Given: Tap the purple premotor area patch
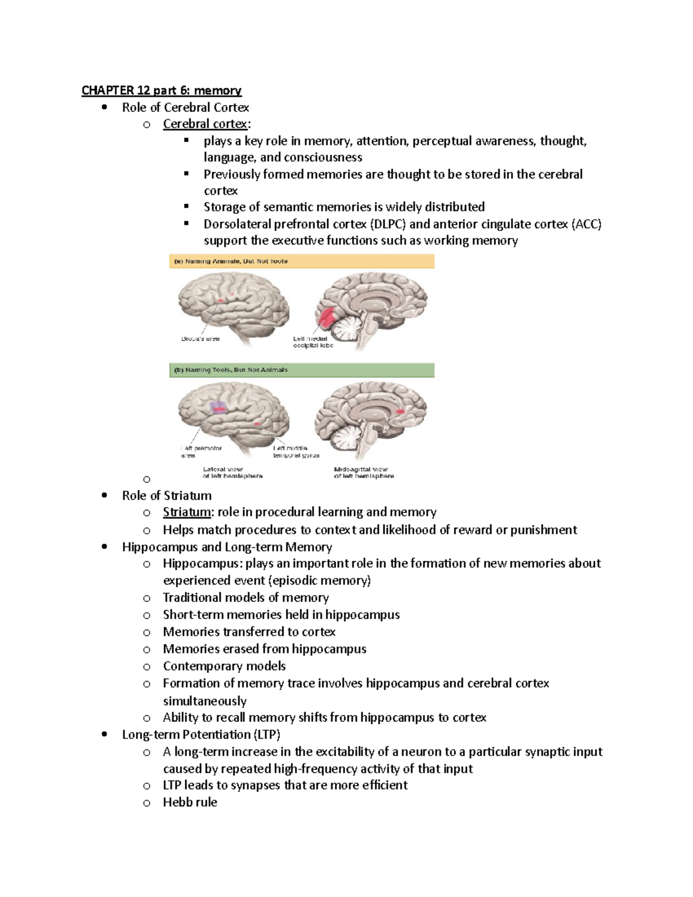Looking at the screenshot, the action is coord(218,407).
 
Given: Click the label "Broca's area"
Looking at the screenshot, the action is coord(200,339).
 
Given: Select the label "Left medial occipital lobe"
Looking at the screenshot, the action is coord(313,342).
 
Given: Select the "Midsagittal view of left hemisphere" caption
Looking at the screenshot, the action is coord(363,472).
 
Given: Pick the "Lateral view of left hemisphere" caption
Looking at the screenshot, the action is coord(232,472).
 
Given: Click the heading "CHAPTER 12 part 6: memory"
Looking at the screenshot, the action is coord(161,90).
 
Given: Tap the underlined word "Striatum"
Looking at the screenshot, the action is coord(187,512).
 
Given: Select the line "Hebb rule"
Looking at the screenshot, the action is coord(190,802).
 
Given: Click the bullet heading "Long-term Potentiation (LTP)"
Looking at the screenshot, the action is coord(201,735).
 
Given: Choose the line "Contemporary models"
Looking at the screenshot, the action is coord(224,666).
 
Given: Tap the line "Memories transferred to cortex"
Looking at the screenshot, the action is coord(249,632).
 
